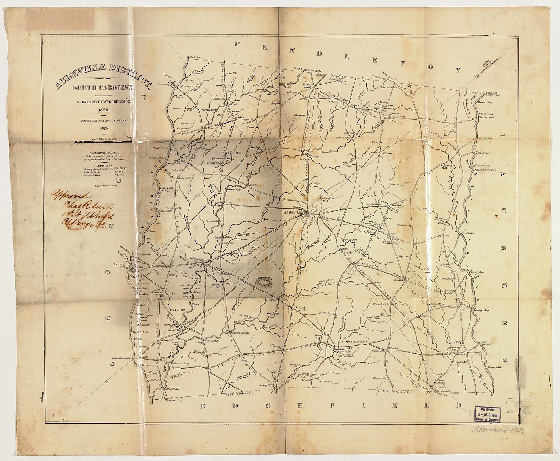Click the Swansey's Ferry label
[481, 310]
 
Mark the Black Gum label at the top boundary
[196, 57]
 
